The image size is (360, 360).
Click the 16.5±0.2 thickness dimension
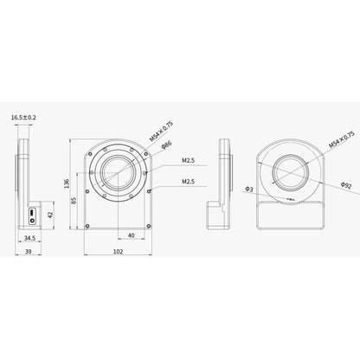point(24,115)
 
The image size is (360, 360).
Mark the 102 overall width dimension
point(118,252)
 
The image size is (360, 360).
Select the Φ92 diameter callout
point(344,183)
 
